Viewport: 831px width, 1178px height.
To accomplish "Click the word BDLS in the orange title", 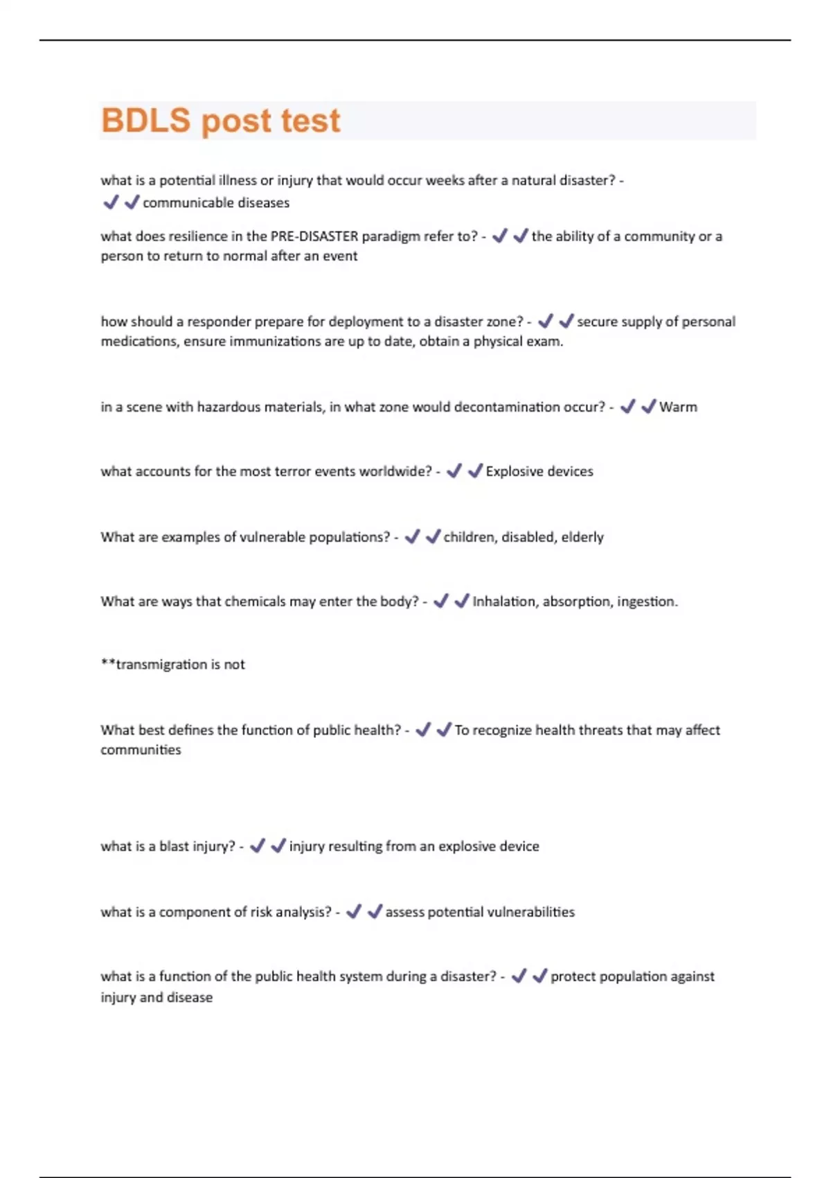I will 145,120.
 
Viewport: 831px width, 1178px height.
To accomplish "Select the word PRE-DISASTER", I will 314,236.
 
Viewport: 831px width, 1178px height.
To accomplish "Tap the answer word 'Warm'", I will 678,407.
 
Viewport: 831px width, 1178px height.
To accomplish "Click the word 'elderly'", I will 582,537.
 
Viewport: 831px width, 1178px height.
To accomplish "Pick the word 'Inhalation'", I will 504,601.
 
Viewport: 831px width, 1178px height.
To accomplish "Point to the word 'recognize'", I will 500,730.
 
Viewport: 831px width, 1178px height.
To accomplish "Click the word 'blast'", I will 174,846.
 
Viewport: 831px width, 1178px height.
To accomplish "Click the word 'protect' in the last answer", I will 573,976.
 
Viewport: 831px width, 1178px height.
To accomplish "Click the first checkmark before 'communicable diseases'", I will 111,202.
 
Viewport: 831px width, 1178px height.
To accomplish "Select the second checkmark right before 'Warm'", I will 648,407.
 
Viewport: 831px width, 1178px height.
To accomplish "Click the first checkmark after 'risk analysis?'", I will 354,911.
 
